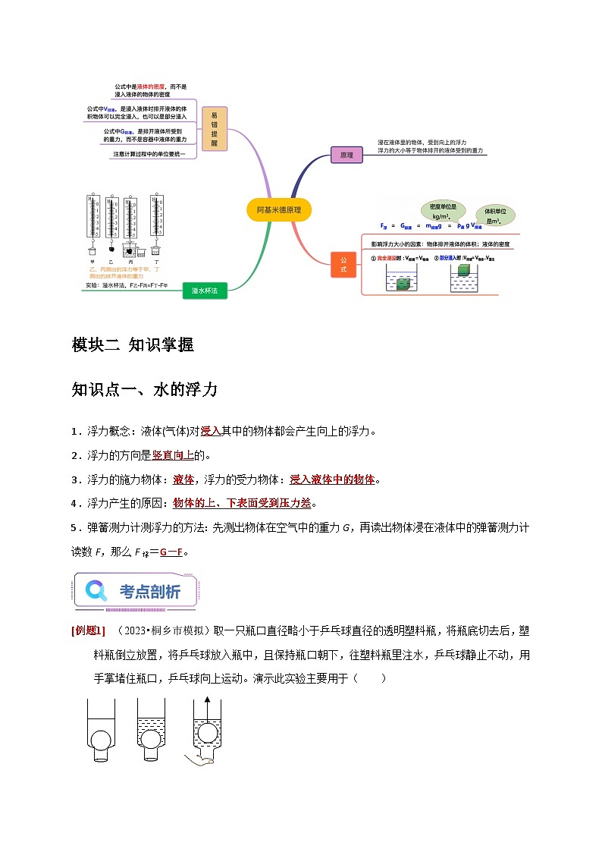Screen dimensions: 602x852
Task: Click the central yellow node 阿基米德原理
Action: point(279,209)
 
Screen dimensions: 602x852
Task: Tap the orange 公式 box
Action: point(343,265)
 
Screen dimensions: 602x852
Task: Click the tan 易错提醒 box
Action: point(214,129)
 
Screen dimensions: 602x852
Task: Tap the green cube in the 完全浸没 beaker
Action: point(403,284)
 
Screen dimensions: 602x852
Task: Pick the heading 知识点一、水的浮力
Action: point(144,390)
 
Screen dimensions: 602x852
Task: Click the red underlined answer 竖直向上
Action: point(173,455)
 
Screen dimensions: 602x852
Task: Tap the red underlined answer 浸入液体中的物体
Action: point(332,479)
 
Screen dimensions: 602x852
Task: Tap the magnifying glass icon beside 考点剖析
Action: point(96,590)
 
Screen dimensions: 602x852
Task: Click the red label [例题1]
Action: point(88,630)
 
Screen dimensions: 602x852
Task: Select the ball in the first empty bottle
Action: point(101,739)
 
